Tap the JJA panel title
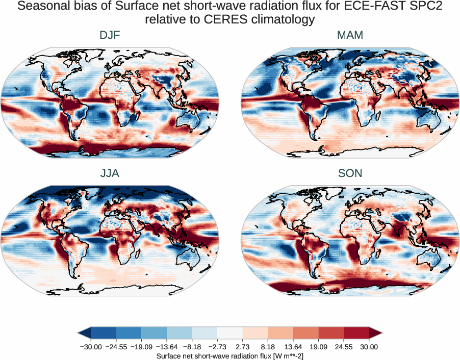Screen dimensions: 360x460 point(110,173)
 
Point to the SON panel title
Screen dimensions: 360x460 point(350,173)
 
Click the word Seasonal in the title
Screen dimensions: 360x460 point(43,7)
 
